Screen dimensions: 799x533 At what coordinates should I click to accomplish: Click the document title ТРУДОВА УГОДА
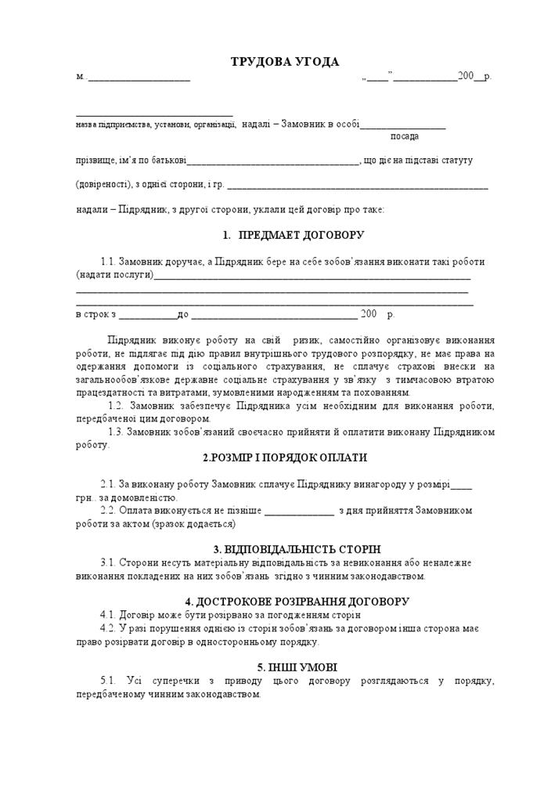pyautogui.click(x=284, y=62)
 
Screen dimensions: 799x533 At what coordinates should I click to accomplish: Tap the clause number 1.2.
pyautogui.click(x=116, y=406)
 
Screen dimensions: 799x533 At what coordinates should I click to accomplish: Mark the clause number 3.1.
pyautogui.click(x=108, y=562)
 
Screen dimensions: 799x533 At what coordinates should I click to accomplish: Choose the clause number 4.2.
pyautogui.click(x=108, y=628)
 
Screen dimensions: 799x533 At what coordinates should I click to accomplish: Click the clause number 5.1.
pyautogui.click(x=108, y=681)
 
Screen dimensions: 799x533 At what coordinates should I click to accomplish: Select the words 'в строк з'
pyautogui.click(x=96, y=315)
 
